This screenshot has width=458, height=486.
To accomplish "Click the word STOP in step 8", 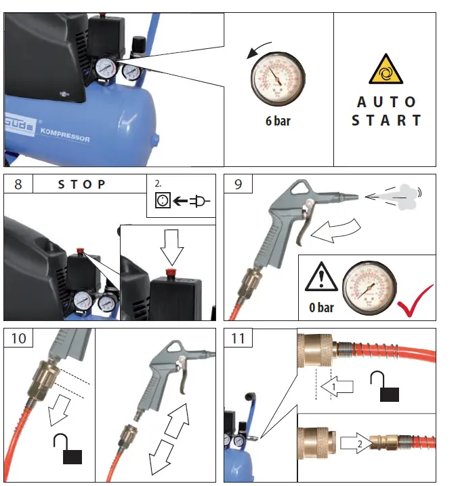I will point(82,185).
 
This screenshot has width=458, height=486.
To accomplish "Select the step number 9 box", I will point(238,185).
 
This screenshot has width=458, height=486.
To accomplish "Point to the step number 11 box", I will point(238,337).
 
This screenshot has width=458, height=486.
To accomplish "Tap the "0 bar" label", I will point(321,307).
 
